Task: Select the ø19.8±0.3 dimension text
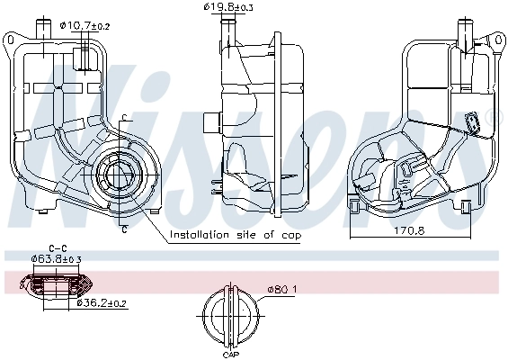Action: click(x=228, y=7)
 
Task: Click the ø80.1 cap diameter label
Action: click(x=281, y=289)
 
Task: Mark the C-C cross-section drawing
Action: click(x=59, y=286)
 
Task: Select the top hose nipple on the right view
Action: click(x=465, y=31)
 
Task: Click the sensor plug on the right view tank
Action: click(x=471, y=122)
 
